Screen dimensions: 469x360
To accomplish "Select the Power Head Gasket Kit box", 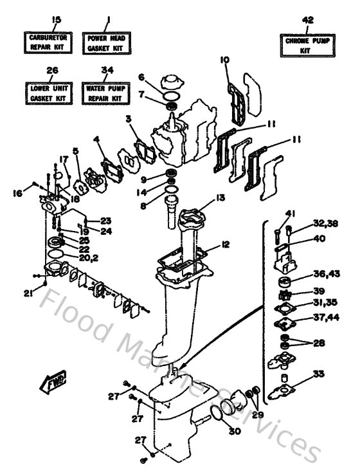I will [107, 42].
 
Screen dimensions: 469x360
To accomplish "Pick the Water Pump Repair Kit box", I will [107, 92].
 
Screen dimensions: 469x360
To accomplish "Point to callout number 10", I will [224, 61].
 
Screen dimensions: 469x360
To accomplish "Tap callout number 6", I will [141, 76].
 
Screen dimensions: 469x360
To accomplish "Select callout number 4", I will [96, 138].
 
